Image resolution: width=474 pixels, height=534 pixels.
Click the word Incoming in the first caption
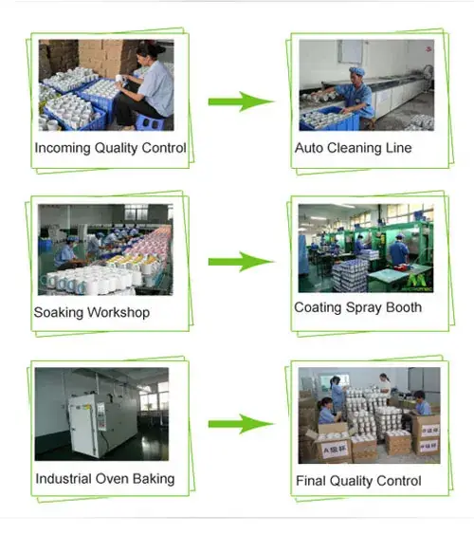pyautogui.click(x=63, y=149)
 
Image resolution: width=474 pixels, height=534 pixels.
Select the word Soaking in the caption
pyautogui.click(x=58, y=313)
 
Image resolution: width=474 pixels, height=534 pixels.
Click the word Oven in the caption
pyautogui.click(x=113, y=478)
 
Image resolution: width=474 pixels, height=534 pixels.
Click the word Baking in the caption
pyautogui.click(x=154, y=479)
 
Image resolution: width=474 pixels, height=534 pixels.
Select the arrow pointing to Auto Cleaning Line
pyautogui.click(x=241, y=101)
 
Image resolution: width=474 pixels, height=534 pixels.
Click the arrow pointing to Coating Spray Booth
pyautogui.click(x=241, y=262)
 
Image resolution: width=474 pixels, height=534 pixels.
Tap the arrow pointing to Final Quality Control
pyautogui.click(x=241, y=424)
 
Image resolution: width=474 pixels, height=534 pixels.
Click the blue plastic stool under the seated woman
pyautogui.click(x=150, y=122)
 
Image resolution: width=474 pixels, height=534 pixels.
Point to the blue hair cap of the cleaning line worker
pyautogui.click(x=357, y=71)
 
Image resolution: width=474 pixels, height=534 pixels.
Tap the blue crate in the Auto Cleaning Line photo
pyautogui.click(x=329, y=120)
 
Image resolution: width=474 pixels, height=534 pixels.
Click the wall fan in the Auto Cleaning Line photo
pyautogui.click(x=428, y=72)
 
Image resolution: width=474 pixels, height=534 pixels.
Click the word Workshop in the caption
pyautogui.click(x=118, y=313)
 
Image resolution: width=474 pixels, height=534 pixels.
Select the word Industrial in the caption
pyautogui.click(x=64, y=478)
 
